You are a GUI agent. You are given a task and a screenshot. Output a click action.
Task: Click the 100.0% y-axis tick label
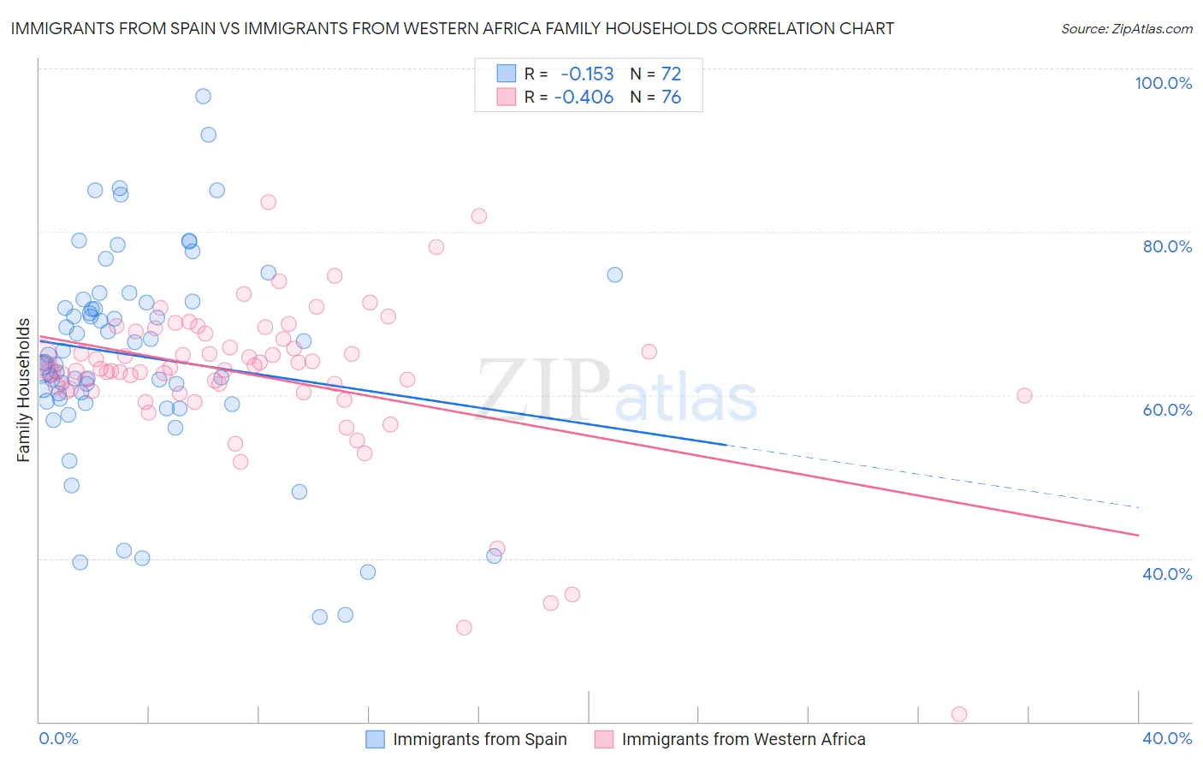tap(1163, 83)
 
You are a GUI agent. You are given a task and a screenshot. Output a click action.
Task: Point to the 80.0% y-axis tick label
tap(1167, 246)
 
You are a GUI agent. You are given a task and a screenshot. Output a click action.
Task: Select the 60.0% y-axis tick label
tap(1167, 410)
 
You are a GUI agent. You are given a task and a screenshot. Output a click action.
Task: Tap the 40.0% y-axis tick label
tap(1167, 573)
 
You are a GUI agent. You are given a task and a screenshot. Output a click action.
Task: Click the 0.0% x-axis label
tap(58, 738)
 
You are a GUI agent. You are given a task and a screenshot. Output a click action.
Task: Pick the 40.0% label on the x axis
tap(1167, 738)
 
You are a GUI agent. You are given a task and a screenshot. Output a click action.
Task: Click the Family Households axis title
tap(24, 390)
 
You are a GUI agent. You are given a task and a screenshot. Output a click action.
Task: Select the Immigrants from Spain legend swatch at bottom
tap(375, 739)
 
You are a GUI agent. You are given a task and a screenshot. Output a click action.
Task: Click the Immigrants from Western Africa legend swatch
tap(604, 739)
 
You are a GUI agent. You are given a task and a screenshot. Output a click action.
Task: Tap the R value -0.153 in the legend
tap(587, 74)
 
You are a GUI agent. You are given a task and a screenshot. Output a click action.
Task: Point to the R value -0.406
tap(584, 98)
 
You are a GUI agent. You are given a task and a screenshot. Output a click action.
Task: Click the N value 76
tap(671, 98)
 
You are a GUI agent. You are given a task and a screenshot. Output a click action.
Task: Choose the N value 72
tap(671, 74)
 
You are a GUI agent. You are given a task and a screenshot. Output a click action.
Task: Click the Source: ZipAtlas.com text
tap(1126, 29)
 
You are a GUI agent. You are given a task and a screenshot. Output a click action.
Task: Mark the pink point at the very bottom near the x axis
tap(959, 714)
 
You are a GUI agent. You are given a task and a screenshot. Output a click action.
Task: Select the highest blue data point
tap(203, 96)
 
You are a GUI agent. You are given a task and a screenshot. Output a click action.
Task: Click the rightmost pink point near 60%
tap(1024, 395)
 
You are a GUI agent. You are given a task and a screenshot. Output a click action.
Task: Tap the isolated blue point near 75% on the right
tap(614, 275)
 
